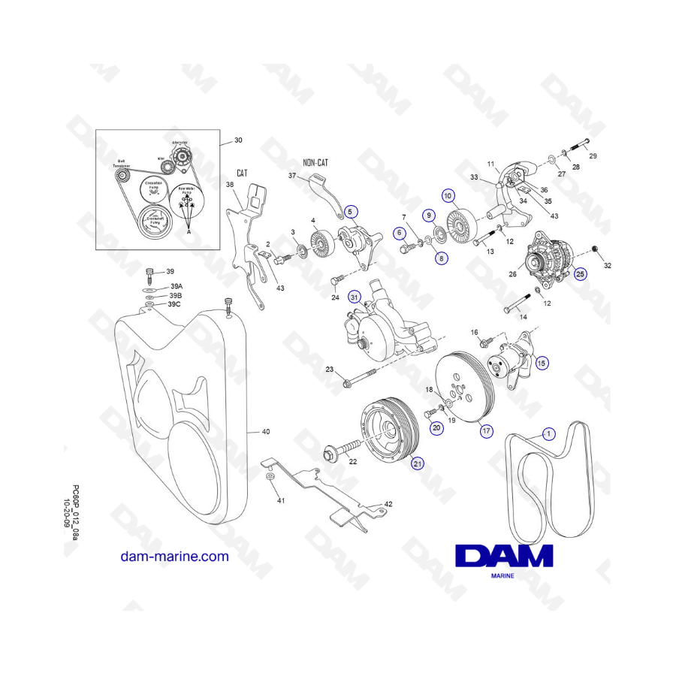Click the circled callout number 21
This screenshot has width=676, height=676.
point(418,463)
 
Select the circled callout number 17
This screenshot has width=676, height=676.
point(487,431)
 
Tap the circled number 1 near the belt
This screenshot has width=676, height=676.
point(548,433)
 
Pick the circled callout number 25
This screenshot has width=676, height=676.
point(580,274)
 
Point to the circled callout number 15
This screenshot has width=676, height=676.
point(542,362)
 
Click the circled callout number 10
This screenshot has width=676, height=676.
point(449,196)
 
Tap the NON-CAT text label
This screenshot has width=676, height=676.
point(315,162)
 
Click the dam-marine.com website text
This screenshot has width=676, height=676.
point(174,557)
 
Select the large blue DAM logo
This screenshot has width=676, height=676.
point(504,556)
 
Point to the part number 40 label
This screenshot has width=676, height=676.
point(265,432)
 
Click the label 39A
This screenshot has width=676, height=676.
point(177,286)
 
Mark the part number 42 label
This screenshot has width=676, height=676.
point(388,504)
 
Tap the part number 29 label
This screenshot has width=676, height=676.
point(593,156)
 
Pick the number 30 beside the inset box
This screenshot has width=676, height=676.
point(239,140)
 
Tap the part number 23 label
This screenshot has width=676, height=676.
point(329,369)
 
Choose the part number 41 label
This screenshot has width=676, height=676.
point(281,499)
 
